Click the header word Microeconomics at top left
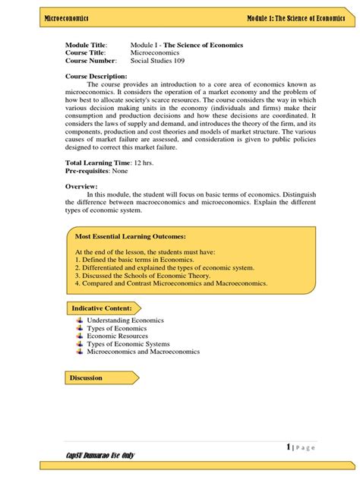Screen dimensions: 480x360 tap(67, 17)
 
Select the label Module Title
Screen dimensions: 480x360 tap(87, 45)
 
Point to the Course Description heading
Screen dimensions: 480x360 tap(96, 76)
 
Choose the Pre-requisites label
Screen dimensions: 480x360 tap(87, 172)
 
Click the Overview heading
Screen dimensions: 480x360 tap(81, 186)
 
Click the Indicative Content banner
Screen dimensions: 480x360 tap(102, 308)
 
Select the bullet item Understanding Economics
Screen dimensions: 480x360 tap(125, 321)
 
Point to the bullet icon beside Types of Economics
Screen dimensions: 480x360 tap(80, 328)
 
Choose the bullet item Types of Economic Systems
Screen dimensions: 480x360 tap(129, 344)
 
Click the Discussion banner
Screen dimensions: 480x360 tap(86, 377)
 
